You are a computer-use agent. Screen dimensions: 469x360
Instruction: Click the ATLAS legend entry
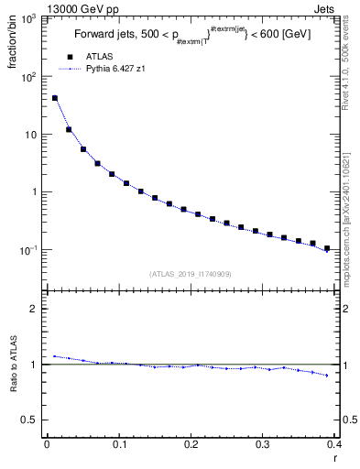(x=99, y=57)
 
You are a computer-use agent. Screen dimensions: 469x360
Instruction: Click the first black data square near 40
(x=55, y=98)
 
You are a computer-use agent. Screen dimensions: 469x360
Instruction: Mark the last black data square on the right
(x=326, y=248)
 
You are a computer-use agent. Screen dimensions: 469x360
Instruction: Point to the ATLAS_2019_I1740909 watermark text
(x=191, y=274)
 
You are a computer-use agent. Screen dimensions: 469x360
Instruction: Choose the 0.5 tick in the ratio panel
(x=28, y=420)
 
